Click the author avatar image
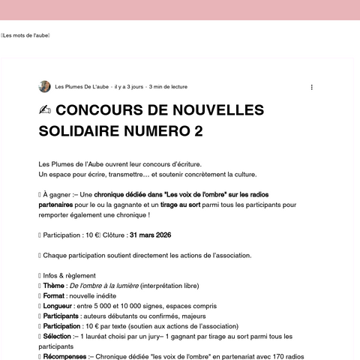click(x=44, y=87)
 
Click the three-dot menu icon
click(x=312, y=87)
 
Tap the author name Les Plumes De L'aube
click(x=82, y=87)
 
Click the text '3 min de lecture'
click(x=169, y=87)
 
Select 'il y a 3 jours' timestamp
click(x=128, y=87)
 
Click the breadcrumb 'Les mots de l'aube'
click(x=26, y=35)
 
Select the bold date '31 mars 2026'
click(x=151, y=235)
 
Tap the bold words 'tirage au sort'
click(x=180, y=204)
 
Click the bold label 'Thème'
click(x=53, y=285)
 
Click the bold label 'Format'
click(x=55, y=295)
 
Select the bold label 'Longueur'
click(x=58, y=306)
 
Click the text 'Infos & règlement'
click(x=67, y=275)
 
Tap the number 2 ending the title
click(x=199, y=132)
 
